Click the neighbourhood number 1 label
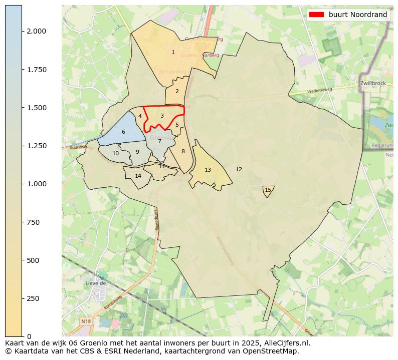click(x=173, y=52)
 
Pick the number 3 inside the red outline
click(x=162, y=116)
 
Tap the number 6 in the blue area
click(x=123, y=132)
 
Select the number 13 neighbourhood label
click(x=208, y=170)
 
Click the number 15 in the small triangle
click(x=268, y=190)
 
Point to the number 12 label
click(x=239, y=170)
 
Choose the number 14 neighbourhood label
click(x=138, y=176)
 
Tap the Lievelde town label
click(x=96, y=283)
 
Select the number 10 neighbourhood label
click(x=116, y=154)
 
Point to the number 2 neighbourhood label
click(x=177, y=91)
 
